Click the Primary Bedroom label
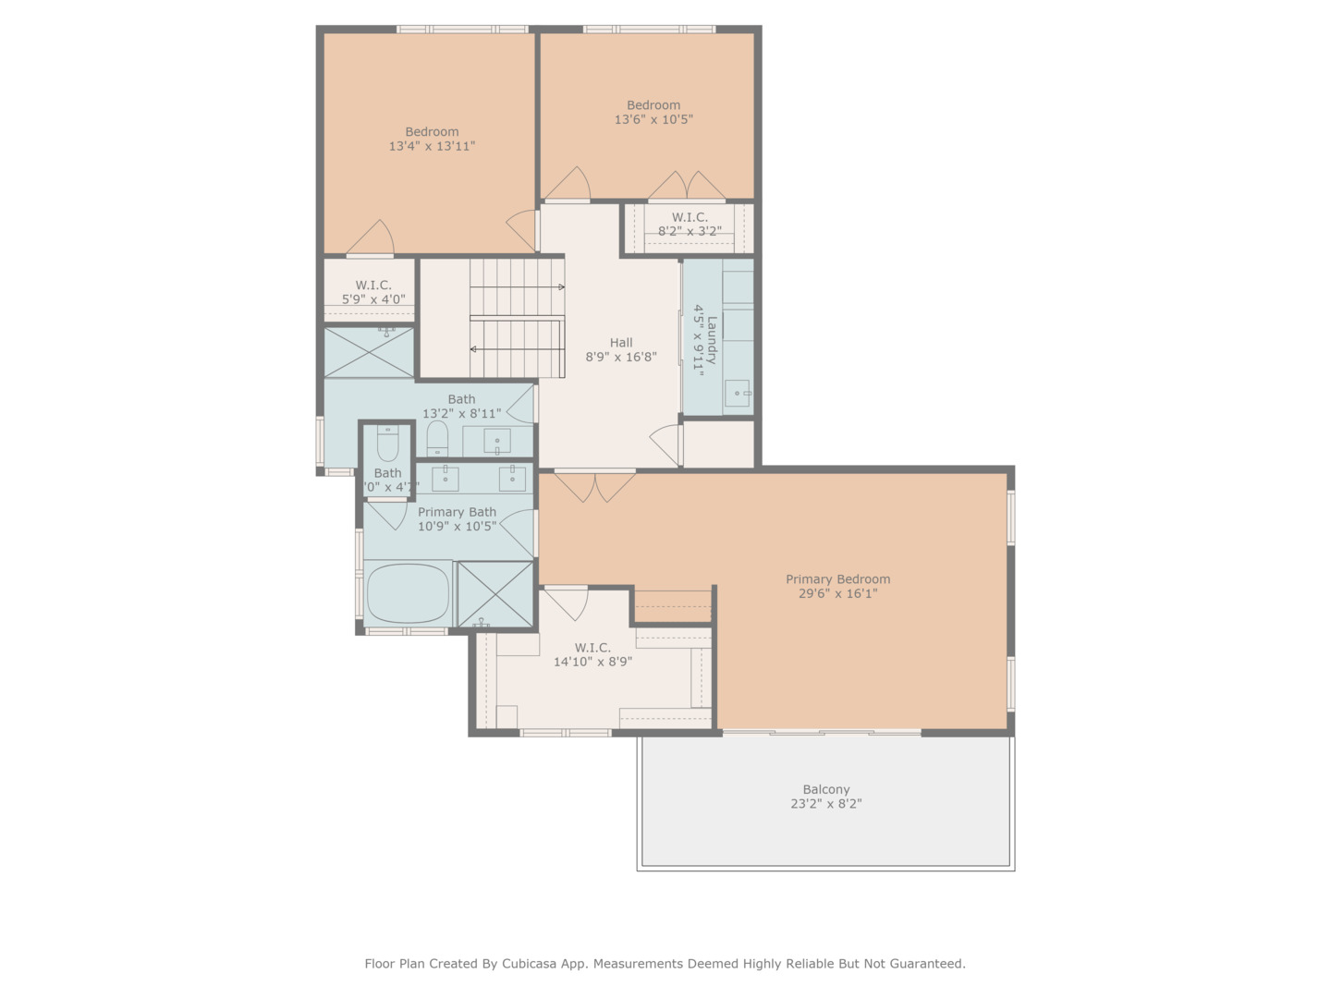coord(837,579)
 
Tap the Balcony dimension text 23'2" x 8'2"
coord(825,804)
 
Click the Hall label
coord(621,343)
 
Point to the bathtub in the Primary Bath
coord(408,592)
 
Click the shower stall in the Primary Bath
coord(495,593)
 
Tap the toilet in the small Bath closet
coord(387,444)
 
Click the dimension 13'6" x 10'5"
coord(653,119)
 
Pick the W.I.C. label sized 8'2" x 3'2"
coord(690,218)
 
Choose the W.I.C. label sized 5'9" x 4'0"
coord(373,286)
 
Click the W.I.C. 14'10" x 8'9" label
coord(592,648)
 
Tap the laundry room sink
coord(738,394)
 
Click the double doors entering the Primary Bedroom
coord(594,485)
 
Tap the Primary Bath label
coord(457,512)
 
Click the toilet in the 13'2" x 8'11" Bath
coord(437,438)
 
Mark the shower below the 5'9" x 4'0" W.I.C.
coord(369,352)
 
